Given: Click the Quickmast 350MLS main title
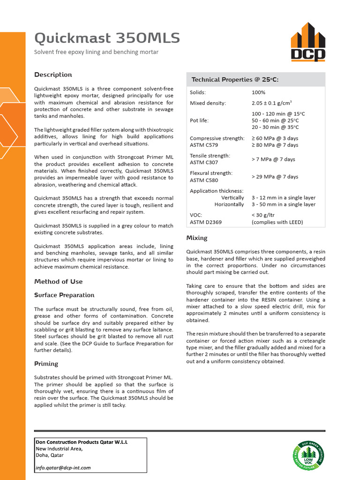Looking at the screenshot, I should coord(107,38).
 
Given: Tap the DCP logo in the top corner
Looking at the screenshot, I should coord(307,43).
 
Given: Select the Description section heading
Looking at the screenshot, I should coord(53,75).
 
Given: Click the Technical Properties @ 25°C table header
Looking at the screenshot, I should coord(235,80).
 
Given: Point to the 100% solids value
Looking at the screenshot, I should coord(258,92).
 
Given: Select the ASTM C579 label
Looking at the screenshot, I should coord(204,145).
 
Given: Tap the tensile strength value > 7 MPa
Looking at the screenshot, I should coord(273,159).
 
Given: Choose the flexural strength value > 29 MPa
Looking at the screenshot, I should coord(275,177).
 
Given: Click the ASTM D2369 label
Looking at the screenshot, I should coord(205,222).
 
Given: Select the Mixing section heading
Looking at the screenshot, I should coord(197,238).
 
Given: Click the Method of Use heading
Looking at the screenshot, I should coord(58,282).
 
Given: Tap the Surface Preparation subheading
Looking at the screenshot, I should coord(64,295).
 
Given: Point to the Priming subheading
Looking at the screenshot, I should coord(46,364).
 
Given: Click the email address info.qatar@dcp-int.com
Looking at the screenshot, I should coord(63,467).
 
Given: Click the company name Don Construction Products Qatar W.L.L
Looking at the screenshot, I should coord(82,442).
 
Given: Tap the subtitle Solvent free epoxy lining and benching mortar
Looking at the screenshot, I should coord(96,52).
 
